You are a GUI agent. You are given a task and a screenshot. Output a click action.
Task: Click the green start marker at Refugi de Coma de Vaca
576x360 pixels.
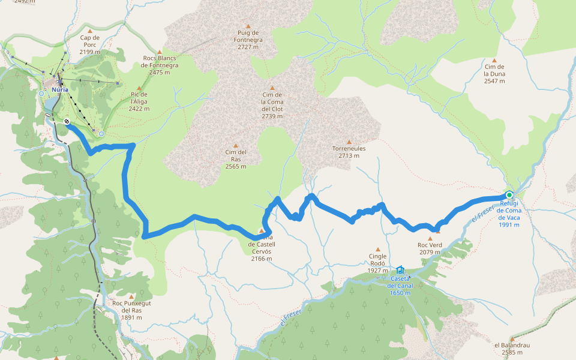point(509,194)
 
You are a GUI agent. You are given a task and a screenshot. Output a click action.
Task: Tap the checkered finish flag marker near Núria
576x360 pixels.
point(67,121)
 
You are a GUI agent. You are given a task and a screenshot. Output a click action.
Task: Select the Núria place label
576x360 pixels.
point(59,89)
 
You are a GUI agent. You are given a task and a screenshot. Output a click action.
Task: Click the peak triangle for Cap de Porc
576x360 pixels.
point(90,31)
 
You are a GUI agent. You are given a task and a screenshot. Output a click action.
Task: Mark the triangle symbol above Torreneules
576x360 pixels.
point(349,142)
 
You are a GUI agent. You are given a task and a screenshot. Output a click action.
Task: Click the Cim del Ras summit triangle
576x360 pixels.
point(236,145)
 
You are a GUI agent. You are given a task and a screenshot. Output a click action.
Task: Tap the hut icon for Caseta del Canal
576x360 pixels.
point(400,270)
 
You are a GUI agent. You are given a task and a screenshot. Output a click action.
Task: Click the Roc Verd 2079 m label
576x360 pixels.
point(430,248)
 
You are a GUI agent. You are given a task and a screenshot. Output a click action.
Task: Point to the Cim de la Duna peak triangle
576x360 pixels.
point(494,60)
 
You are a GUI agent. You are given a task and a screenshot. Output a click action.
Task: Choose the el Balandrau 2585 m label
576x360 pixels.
point(512,349)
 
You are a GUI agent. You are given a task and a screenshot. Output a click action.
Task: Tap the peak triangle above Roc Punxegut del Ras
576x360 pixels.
point(131,295)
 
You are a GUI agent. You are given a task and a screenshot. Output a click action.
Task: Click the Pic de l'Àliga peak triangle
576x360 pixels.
point(139,88)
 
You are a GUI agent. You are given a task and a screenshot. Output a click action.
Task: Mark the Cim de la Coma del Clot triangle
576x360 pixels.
point(272,88)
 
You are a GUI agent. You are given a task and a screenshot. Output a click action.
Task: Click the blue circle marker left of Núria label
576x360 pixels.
point(41,94)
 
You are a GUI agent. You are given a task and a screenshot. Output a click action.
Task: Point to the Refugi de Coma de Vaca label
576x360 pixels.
point(509,211)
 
